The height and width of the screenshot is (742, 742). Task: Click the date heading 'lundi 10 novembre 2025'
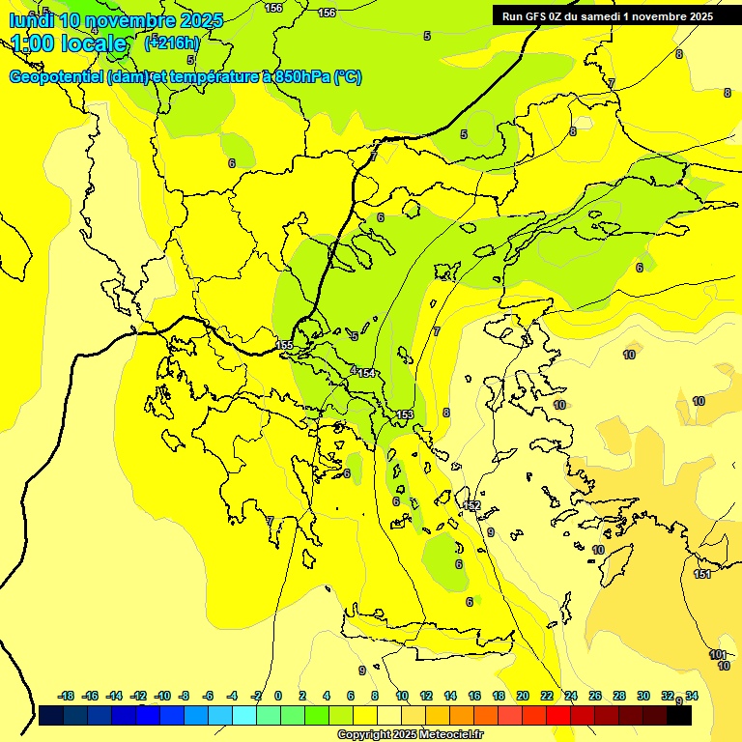click(117, 19)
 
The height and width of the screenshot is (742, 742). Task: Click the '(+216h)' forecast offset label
click(172, 43)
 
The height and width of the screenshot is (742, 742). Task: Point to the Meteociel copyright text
click(411, 734)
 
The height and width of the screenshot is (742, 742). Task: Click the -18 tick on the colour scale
click(67, 696)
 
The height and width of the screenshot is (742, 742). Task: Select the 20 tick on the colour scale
click(523, 696)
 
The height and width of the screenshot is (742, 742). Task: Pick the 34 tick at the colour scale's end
click(692, 696)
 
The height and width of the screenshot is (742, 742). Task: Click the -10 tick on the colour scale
click(163, 696)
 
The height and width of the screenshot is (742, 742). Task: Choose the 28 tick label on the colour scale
click(619, 696)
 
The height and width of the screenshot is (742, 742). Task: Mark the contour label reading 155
click(284, 345)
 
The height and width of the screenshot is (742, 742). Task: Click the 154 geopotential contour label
click(366, 373)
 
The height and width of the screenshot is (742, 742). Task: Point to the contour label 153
click(405, 414)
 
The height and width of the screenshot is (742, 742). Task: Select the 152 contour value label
click(471, 505)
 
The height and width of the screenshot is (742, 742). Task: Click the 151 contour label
click(702, 574)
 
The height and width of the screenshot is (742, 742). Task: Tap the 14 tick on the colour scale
click(450, 696)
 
